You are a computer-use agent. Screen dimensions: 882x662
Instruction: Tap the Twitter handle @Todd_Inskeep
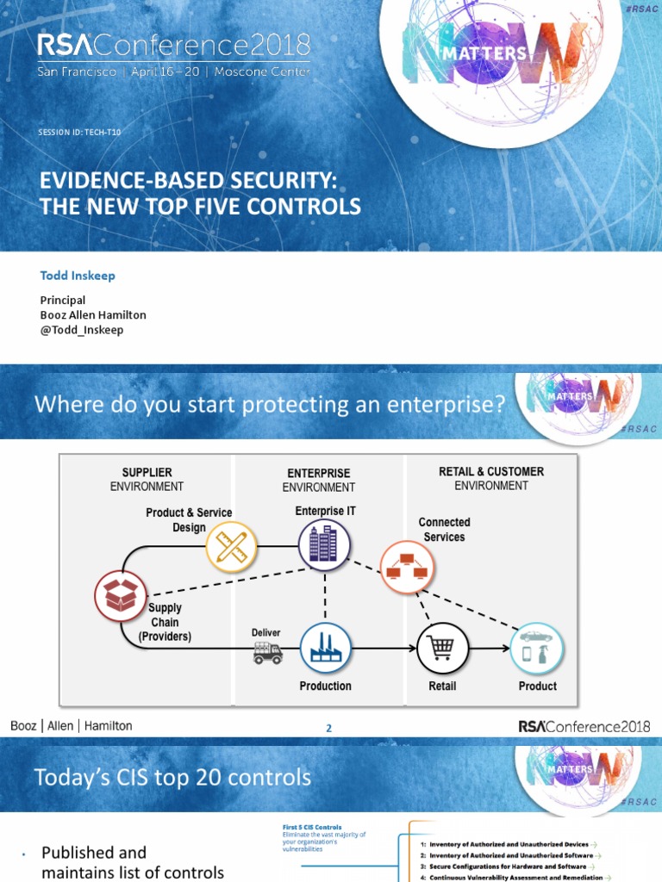point(82,330)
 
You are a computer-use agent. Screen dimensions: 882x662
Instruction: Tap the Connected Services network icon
point(407,567)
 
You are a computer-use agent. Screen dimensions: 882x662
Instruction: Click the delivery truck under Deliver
point(267,655)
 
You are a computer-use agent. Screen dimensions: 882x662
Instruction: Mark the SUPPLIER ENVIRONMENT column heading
point(147,479)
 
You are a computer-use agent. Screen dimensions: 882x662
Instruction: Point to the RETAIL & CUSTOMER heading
point(491,472)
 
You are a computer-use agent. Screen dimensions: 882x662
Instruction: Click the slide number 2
point(328,729)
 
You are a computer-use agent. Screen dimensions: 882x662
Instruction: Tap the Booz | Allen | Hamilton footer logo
point(72,726)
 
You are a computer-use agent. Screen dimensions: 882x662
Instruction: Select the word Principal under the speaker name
point(63,301)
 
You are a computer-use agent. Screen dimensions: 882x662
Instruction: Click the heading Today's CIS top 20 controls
point(172,778)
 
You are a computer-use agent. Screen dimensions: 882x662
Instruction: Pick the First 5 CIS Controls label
point(312,827)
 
